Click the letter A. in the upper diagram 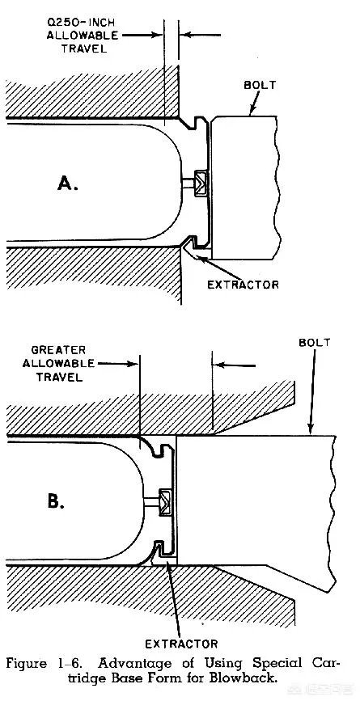(67, 184)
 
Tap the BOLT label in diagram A (260, 85)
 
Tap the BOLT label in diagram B (315, 343)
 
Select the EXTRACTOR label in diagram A (243, 285)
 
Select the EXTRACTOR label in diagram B (181, 644)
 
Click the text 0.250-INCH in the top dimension (83, 23)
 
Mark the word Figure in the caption (27, 664)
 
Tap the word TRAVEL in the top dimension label (84, 49)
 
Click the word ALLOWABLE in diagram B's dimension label (58, 363)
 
